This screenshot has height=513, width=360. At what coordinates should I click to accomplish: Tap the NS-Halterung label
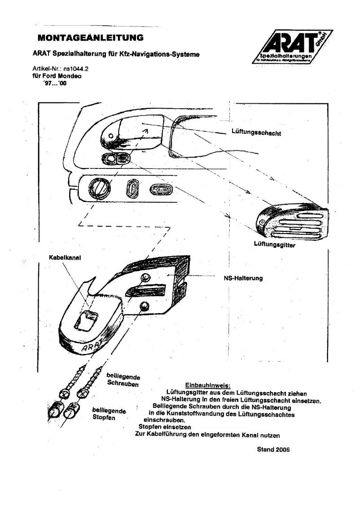coord(243,278)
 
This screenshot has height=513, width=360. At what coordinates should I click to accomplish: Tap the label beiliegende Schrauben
coord(123,380)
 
